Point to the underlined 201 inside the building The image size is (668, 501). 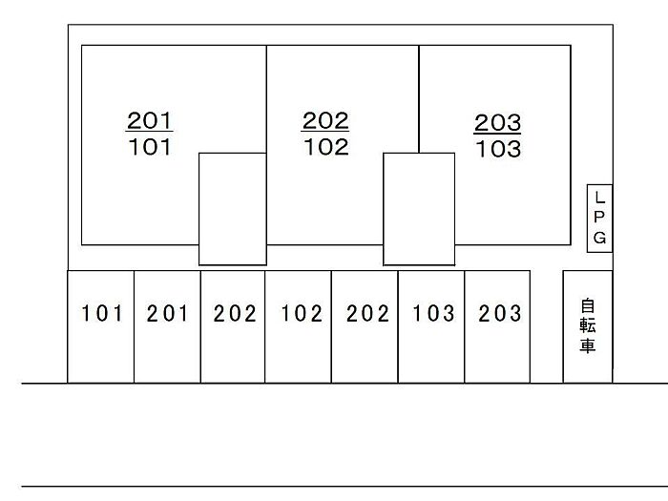coord(150,121)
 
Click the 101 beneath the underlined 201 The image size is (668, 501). coord(150,147)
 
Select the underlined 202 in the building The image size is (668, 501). coord(326,121)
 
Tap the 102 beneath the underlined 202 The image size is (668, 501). coord(326,147)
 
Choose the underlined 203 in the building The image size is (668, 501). coord(498,123)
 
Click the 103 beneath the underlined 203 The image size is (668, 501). coord(498,150)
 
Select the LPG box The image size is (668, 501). coord(599,219)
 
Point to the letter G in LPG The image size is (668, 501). coord(599,239)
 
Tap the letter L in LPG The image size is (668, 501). coord(599,198)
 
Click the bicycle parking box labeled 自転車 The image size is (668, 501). coord(587,326)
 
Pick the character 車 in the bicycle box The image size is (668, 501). coord(587,345)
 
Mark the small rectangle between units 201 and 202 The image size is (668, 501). coord(232,209)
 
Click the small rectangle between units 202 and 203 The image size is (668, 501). coord(419,209)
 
